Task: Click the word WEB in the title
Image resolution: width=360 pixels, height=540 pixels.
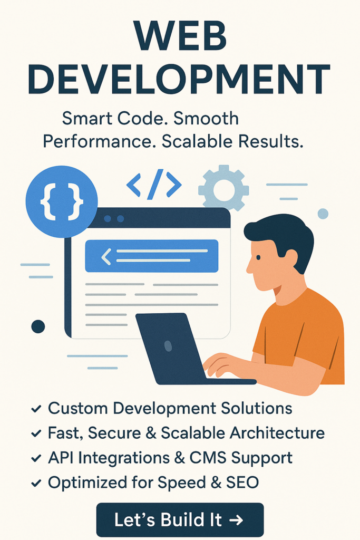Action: tap(180, 36)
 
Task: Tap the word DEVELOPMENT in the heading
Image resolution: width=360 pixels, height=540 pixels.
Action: tap(179, 79)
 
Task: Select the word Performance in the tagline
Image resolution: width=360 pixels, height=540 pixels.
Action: tap(97, 141)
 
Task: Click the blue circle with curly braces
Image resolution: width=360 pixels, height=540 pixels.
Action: tap(62, 202)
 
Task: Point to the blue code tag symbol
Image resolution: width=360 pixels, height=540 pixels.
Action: tap(154, 185)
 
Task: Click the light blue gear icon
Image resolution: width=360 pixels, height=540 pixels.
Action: tap(223, 188)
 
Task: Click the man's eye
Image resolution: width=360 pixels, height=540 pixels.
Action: tap(258, 257)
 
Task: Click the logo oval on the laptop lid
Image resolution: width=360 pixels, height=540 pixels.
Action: tap(168, 345)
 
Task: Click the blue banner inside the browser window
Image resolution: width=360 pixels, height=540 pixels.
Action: tap(151, 256)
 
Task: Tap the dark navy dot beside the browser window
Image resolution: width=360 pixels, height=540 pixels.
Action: tap(38, 326)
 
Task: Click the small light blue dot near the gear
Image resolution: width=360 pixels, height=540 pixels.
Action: tap(323, 214)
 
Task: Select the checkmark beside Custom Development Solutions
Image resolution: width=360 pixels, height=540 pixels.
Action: tap(36, 409)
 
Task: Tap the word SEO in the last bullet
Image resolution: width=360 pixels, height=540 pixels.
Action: tap(242, 483)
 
